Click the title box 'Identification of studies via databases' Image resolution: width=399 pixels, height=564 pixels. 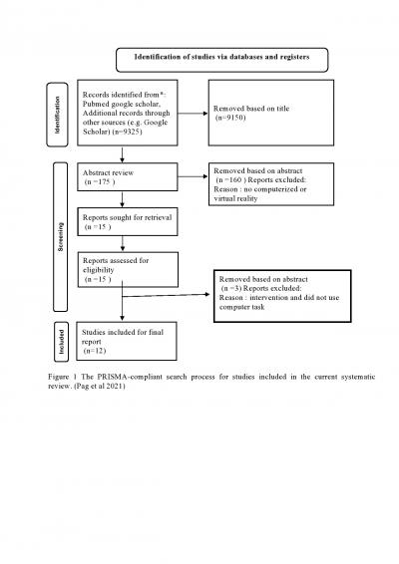click(x=222, y=57)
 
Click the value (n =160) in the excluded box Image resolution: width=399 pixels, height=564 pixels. click(x=231, y=179)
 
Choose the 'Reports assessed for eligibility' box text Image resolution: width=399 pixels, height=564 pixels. click(x=117, y=265)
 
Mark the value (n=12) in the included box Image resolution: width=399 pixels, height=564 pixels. click(x=96, y=351)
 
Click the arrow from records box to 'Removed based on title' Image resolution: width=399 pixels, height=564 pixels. click(x=190, y=117)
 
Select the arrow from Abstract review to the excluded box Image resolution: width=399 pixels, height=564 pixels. click(x=190, y=180)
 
